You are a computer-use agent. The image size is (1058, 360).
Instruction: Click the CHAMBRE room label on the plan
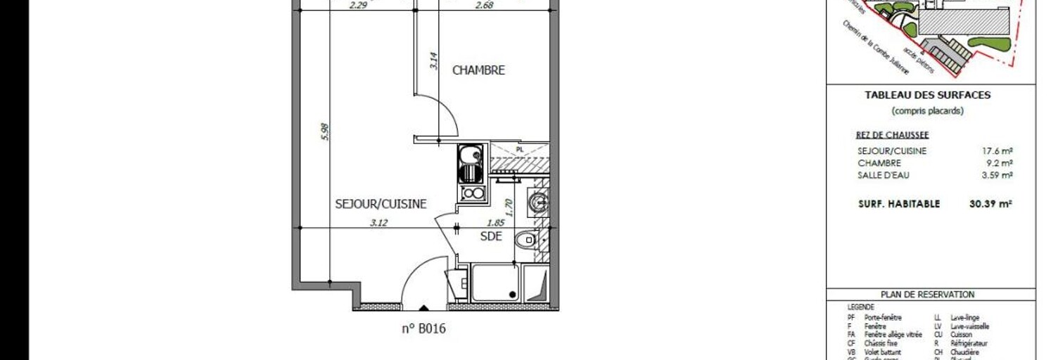point(478,70)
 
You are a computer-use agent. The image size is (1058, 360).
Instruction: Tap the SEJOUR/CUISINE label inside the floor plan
point(381,204)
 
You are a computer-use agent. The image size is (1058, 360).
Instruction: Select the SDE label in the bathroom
point(491,236)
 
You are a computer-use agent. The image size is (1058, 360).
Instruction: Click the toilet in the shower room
point(525,240)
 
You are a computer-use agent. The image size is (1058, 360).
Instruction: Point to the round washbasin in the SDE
point(539,202)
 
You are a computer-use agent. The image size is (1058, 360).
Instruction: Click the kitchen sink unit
point(470,162)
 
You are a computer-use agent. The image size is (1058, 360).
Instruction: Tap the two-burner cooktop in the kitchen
point(471,193)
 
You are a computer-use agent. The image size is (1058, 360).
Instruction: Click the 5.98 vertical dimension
point(324,132)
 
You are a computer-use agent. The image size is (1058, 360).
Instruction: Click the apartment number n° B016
point(423,328)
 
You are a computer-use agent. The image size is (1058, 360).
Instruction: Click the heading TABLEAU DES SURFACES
point(927,95)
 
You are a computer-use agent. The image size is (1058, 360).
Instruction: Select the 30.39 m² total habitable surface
point(990,204)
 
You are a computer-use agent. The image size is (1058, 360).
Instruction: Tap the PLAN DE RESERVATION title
point(927,295)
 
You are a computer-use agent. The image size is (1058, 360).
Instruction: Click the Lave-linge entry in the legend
point(964,318)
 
